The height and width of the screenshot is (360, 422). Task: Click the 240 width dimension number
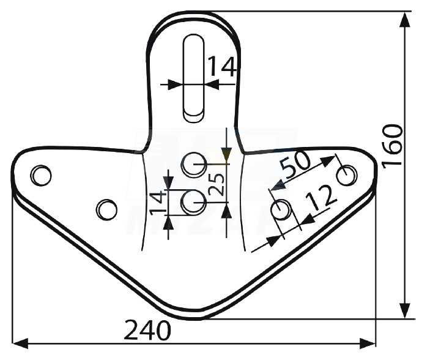(x=147, y=330)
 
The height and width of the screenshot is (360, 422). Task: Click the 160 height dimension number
(x=393, y=146)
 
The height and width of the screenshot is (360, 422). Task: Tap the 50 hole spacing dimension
(x=295, y=164)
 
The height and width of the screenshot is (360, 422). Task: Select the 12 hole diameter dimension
(x=321, y=198)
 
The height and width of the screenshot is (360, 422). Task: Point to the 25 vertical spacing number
(x=217, y=184)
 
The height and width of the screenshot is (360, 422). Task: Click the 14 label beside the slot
(x=222, y=66)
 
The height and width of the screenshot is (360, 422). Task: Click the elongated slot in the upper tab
(x=193, y=79)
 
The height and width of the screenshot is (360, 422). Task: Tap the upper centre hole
(x=193, y=164)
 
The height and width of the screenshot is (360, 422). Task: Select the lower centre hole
(x=193, y=202)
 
